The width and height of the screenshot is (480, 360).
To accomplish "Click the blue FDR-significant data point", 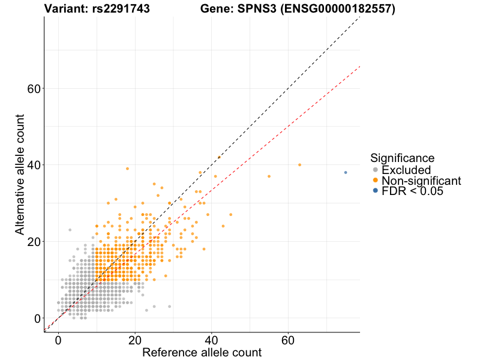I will pyautogui.click(x=346, y=172).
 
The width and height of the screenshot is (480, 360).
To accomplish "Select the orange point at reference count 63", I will pyautogui.click(x=299, y=164).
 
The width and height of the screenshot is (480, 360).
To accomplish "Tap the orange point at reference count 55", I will pyautogui.click(x=269, y=176).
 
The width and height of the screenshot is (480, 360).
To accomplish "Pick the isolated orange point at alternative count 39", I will pyautogui.click(x=127, y=169).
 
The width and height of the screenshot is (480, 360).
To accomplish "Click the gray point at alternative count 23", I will pyautogui.click(x=70, y=230).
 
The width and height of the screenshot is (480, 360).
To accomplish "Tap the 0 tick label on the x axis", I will pyautogui.click(x=58, y=340).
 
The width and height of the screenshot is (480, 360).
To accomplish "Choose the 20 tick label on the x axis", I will pyautogui.click(x=135, y=340).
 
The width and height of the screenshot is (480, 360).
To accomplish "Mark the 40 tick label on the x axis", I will pyautogui.click(x=211, y=340).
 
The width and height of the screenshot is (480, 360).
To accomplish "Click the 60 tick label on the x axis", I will pyautogui.click(x=288, y=340).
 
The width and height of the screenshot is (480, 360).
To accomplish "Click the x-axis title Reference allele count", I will pyautogui.click(x=202, y=352).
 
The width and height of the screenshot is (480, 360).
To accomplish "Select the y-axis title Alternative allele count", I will pyautogui.click(x=20, y=174).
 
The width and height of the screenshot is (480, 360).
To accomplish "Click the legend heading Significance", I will pyautogui.click(x=402, y=158).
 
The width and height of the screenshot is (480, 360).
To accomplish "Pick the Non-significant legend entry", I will pyautogui.click(x=421, y=181).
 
